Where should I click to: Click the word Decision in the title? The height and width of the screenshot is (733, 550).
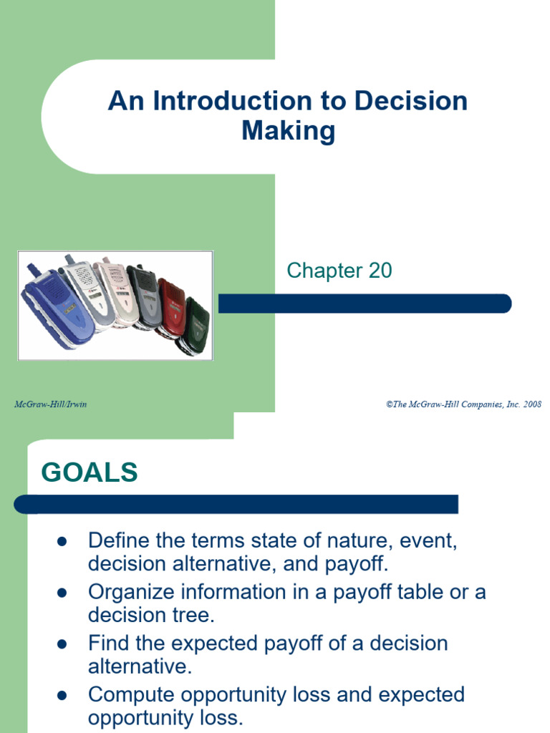pos(411,100)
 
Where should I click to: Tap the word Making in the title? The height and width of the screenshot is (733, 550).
pos(289,131)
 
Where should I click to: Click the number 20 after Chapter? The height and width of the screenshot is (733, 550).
pos(380,271)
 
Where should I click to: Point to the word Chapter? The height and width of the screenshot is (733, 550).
pos(324,271)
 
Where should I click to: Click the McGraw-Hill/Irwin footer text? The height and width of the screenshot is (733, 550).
pos(51,404)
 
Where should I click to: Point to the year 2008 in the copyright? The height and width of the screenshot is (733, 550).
pos(532,404)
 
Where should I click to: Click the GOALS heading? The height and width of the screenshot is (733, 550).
pos(90,472)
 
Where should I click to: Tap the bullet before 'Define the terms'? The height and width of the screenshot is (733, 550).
pos(62,542)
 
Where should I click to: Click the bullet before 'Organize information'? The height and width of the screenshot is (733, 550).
pos(62,593)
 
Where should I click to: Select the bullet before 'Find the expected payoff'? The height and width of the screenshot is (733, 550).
pos(62,645)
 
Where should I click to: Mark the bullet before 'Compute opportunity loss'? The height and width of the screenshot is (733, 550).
pos(62,696)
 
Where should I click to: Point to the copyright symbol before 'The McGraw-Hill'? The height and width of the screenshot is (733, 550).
pos(390,405)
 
